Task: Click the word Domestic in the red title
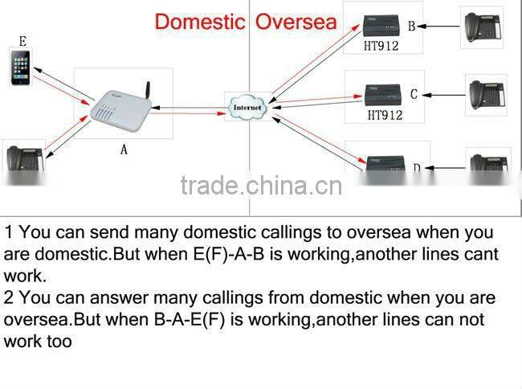[199, 21]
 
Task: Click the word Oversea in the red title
[296, 21]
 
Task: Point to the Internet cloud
[247, 106]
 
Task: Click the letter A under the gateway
[124, 150]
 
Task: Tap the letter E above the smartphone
[22, 41]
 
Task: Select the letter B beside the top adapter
[411, 27]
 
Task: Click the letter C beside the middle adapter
[414, 95]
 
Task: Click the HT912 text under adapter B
[381, 46]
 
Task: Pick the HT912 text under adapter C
[384, 115]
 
